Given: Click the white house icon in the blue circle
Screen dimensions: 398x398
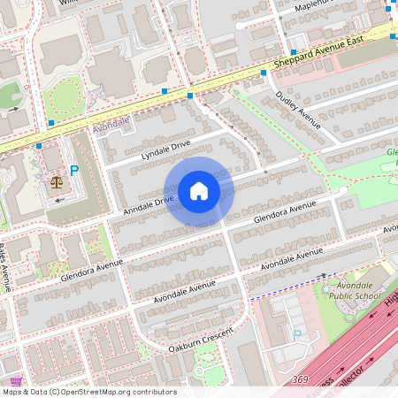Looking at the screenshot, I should point(199,191).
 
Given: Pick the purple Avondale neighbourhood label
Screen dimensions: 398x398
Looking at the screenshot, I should point(111,124).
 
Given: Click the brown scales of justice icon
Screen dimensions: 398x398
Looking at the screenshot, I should point(57,182).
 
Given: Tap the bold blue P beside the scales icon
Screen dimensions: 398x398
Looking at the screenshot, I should point(74,171).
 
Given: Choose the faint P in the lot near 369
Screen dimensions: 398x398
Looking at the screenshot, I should point(297,333).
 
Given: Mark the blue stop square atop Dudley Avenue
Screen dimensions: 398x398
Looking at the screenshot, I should point(264,74).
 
